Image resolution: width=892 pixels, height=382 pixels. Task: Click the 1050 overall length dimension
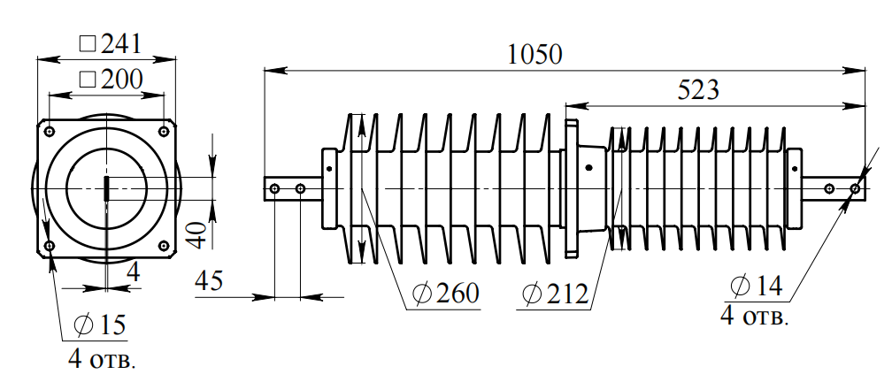coord(535,55)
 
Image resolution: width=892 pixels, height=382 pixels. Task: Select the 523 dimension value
coord(698,89)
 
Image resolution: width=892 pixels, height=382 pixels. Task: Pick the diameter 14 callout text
coord(757,286)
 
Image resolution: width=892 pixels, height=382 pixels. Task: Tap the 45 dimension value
coord(209,281)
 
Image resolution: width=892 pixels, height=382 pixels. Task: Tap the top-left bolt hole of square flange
coord(50,132)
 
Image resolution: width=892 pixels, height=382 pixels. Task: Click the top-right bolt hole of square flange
coord(164,132)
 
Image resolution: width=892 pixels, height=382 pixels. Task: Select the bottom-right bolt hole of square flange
coord(164,245)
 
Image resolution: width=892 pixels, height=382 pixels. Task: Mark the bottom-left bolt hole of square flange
coord(50,245)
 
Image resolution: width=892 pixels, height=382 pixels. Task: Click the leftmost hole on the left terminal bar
coord(276,189)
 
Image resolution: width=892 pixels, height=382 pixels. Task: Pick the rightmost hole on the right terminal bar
coord(855,188)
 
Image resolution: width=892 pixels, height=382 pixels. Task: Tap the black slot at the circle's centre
coord(107,187)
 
